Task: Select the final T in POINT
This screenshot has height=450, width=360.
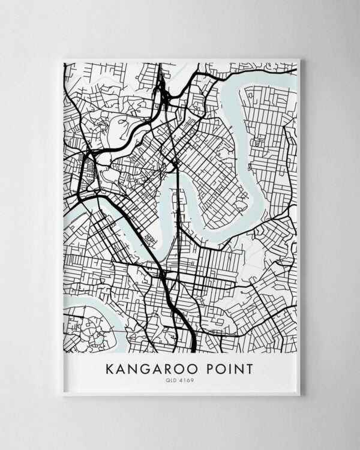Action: [249, 368]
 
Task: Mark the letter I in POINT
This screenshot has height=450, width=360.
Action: [229, 368]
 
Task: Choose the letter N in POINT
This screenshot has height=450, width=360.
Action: [238, 368]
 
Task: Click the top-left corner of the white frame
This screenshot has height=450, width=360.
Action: [62, 59]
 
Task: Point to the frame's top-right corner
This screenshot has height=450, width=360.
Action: [299, 59]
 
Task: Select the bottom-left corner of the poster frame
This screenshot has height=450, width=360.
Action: [62, 395]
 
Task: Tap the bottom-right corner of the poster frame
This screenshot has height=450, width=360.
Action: [299, 395]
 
